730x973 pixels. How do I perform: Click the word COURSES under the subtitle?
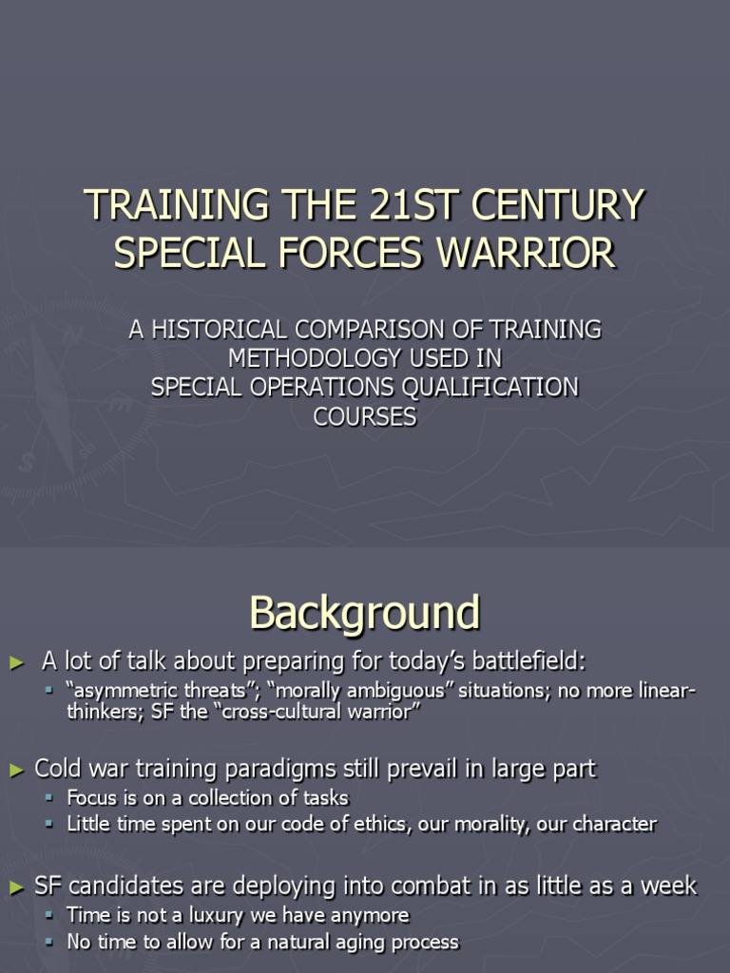(365, 417)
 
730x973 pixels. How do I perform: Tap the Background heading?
(365, 613)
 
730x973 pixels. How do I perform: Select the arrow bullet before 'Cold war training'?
(14, 769)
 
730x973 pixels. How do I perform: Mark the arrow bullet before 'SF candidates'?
(14, 887)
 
